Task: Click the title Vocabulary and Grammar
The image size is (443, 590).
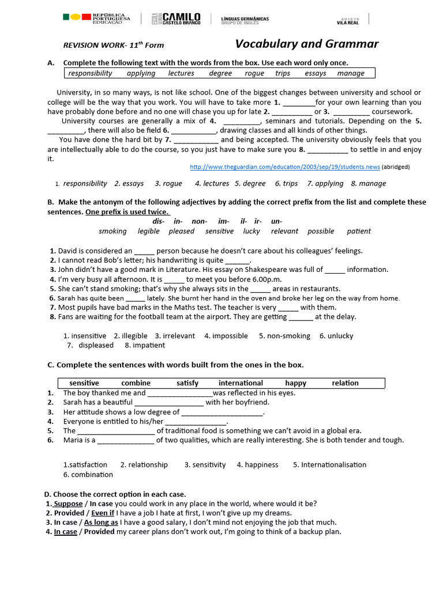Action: (x=307, y=44)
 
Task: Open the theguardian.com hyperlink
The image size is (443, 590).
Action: (x=284, y=167)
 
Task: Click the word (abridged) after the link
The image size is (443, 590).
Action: (x=396, y=167)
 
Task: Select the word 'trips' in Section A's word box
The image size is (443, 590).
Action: (x=283, y=73)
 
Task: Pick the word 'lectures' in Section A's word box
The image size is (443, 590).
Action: (x=181, y=73)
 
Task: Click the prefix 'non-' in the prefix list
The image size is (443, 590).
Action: (x=199, y=221)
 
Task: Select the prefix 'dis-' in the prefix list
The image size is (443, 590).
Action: (x=158, y=221)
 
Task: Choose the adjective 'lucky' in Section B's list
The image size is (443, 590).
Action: (x=251, y=231)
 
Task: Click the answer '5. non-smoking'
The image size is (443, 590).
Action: (x=284, y=336)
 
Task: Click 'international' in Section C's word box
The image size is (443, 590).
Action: (x=241, y=383)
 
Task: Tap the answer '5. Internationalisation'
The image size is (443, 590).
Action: (x=329, y=465)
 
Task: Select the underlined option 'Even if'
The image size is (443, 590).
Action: (x=103, y=513)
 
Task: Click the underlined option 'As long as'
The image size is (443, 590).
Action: (x=101, y=522)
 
